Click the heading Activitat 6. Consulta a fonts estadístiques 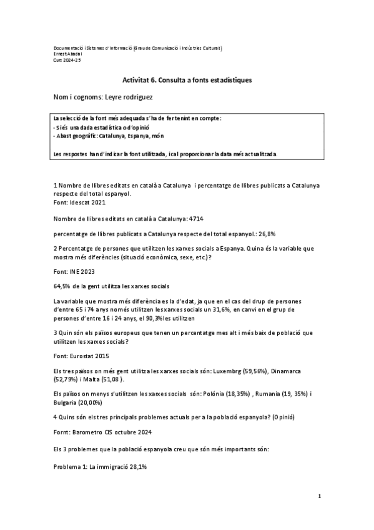pyautogui.click(x=187, y=81)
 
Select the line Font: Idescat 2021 pyautogui.click(x=80, y=202)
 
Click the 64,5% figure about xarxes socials pyautogui.click(x=62, y=286)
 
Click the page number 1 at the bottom pyautogui.click(x=319, y=497)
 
